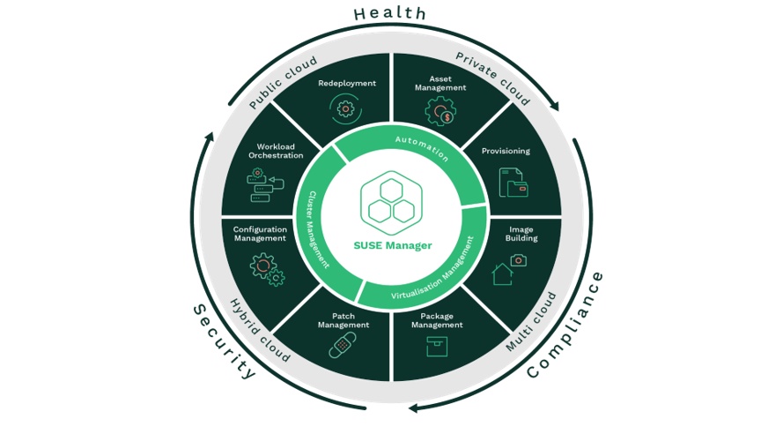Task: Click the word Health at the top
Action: pyautogui.click(x=390, y=13)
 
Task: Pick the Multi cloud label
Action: pyautogui.click(x=531, y=322)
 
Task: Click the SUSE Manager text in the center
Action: pyautogui.click(x=393, y=245)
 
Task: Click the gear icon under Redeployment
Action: pyautogui.click(x=345, y=109)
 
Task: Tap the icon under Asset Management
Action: pyautogui.click(x=440, y=112)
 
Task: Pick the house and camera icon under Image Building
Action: pyautogui.click(x=508, y=268)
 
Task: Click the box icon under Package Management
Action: pyautogui.click(x=436, y=347)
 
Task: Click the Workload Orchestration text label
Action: pyautogui.click(x=276, y=151)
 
